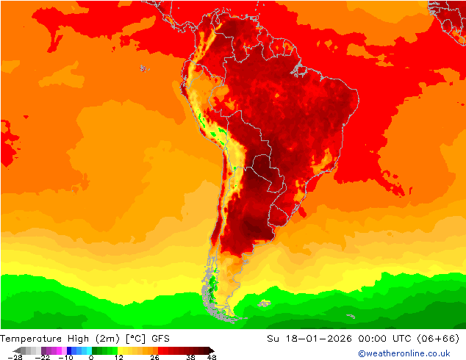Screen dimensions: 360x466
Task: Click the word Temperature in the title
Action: pyautogui.click(x=32, y=339)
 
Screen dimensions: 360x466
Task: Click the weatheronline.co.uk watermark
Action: pyautogui.click(x=404, y=353)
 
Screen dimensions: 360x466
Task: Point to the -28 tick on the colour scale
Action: pyautogui.click(x=14, y=357)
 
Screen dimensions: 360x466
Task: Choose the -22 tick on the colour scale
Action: pyautogui.click(x=43, y=357)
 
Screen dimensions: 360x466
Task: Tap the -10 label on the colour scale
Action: pyautogui.click(x=65, y=357)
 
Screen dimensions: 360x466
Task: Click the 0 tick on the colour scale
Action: pyautogui.click(x=91, y=357)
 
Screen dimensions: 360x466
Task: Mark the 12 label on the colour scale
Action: pyautogui.click(x=118, y=357)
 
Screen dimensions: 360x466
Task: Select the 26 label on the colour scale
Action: pyautogui.click(x=154, y=357)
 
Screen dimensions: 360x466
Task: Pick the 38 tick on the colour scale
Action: pyautogui.click(x=190, y=357)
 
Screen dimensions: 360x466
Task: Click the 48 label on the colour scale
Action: pyautogui.click(x=212, y=357)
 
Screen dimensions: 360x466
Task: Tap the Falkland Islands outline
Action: pyautogui.click(x=264, y=302)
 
